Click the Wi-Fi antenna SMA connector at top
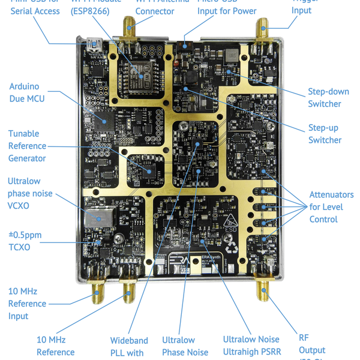coord(128,30)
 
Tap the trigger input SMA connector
coord(263,31)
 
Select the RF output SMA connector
coord(263,290)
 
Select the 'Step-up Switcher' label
coord(325,134)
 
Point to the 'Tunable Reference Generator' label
coord(27,146)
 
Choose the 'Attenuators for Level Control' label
coord(331,207)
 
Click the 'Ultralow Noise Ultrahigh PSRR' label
coord(251,345)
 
